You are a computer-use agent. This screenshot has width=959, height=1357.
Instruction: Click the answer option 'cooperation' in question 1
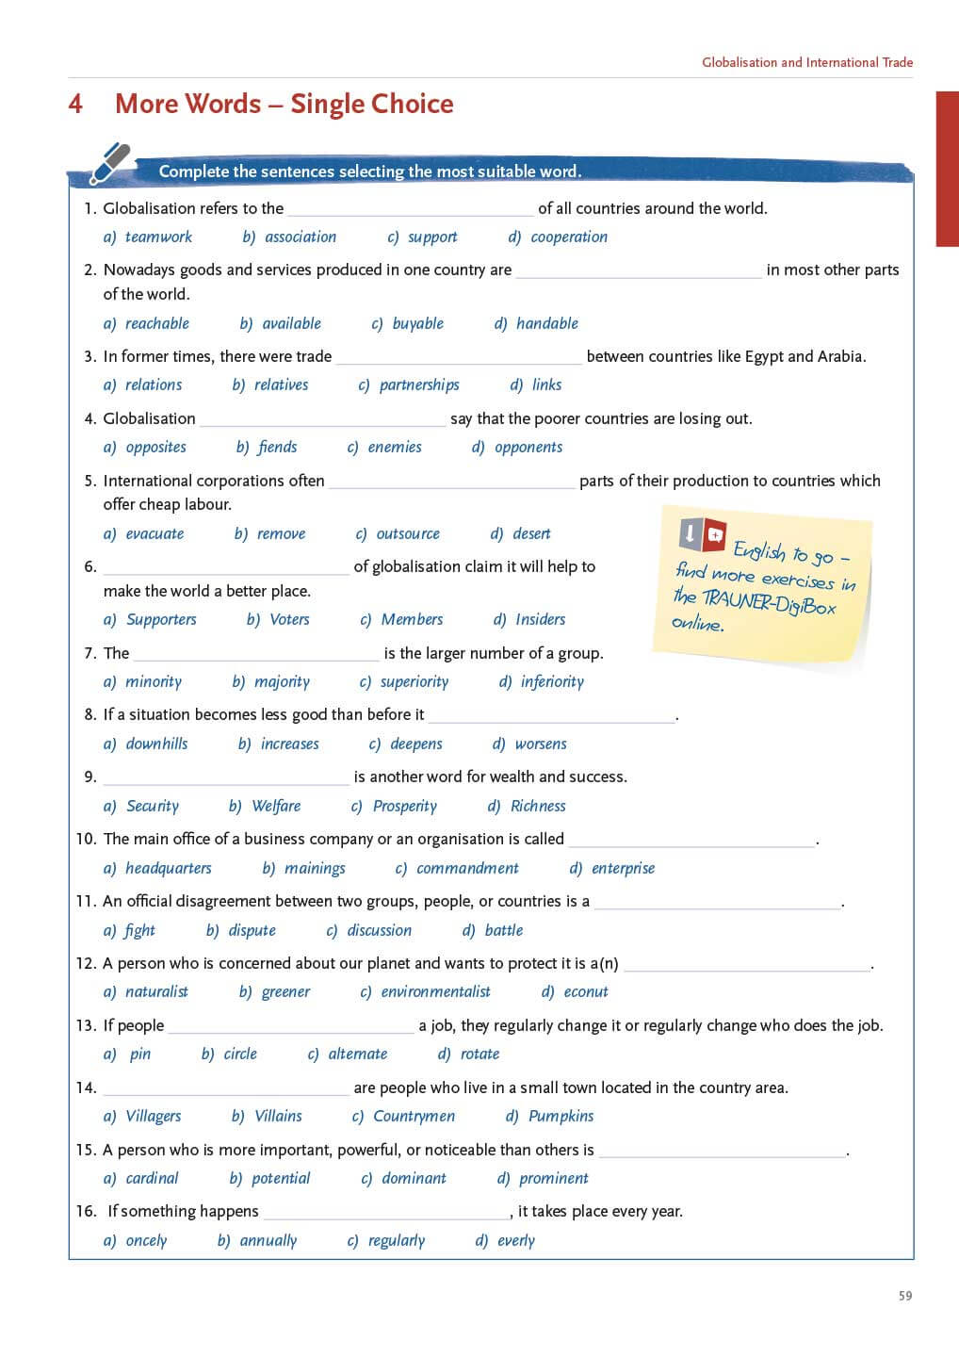point(568,237)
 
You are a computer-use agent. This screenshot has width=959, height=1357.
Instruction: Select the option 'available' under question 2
point(291,323)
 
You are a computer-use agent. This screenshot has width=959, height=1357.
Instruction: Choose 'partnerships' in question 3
point(419,384)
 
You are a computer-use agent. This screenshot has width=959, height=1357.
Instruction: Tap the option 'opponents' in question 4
point(528,447)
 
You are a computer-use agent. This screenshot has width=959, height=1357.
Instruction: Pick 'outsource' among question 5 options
point(408,533)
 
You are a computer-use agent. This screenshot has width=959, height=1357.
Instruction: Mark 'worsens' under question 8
point(541,744)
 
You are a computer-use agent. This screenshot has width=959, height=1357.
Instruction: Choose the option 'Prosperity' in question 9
point(405,806)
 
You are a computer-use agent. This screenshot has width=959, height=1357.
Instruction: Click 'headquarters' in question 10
point(169,868)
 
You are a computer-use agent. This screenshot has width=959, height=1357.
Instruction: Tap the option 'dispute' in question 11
point(252,930)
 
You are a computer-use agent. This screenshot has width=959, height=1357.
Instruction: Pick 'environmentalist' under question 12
point(435,991)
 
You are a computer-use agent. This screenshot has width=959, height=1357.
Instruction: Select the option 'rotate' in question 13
point(479,1054)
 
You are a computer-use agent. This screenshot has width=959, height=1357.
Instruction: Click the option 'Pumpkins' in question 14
point(561,1116)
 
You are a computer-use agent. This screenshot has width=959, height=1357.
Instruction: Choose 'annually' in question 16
point(268,1240)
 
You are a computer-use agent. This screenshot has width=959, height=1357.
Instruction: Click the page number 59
point(905,1296)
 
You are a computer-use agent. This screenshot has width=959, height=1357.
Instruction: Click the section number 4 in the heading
point(76,104)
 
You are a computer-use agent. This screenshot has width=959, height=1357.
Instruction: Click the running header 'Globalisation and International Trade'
point(807,62)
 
